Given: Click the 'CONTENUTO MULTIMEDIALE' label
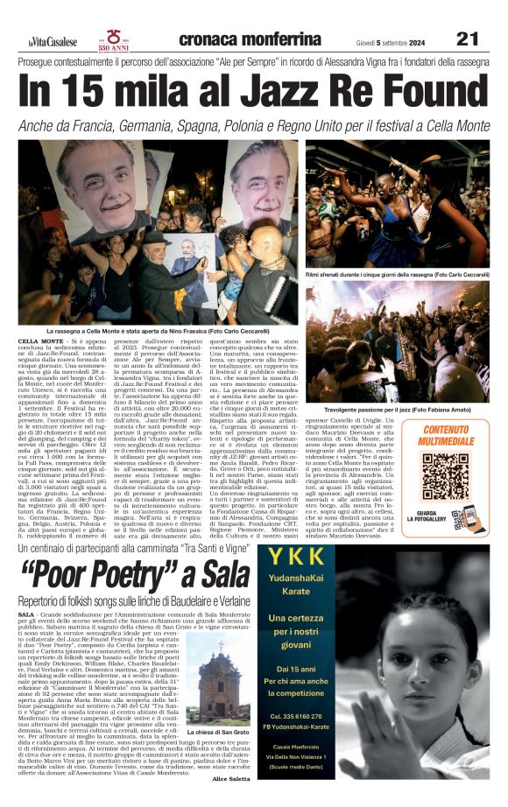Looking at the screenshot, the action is tap(457, 435).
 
